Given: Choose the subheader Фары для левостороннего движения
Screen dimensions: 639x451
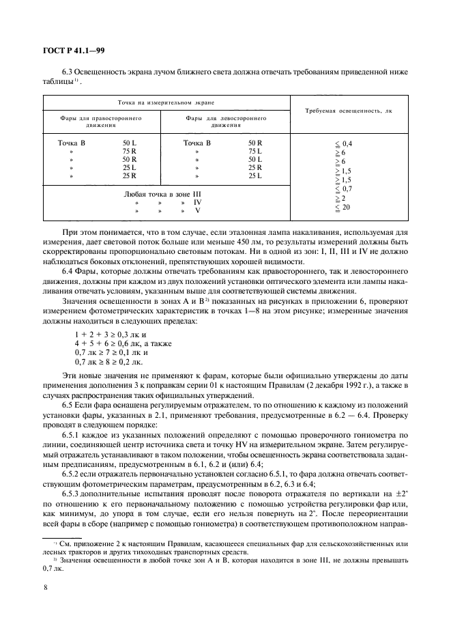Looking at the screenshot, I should (225, 122).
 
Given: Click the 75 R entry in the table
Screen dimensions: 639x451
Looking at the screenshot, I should (129, 151).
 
